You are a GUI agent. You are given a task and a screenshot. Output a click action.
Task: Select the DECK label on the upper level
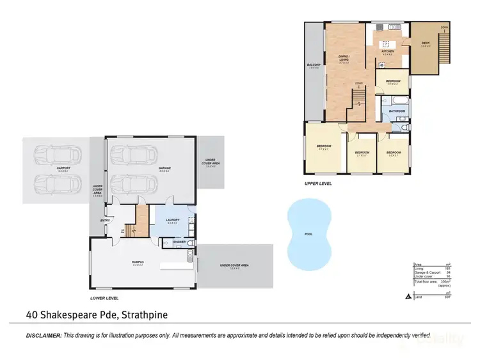coord(425,43)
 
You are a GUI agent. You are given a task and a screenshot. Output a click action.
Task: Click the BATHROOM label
coord(397,111)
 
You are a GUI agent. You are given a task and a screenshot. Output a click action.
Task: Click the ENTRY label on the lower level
coord(105,221)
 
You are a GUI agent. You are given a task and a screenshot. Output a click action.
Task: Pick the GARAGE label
coord(164,168)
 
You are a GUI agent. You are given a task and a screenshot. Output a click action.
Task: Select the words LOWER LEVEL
coord(105,298)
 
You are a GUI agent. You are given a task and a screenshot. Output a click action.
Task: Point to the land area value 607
coord(456,296)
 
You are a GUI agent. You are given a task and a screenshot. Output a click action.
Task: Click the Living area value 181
coord(457,269)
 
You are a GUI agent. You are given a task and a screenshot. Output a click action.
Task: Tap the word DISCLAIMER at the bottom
coord(44,336)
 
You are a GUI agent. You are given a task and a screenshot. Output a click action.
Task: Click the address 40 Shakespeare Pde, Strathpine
coord(97,315)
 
